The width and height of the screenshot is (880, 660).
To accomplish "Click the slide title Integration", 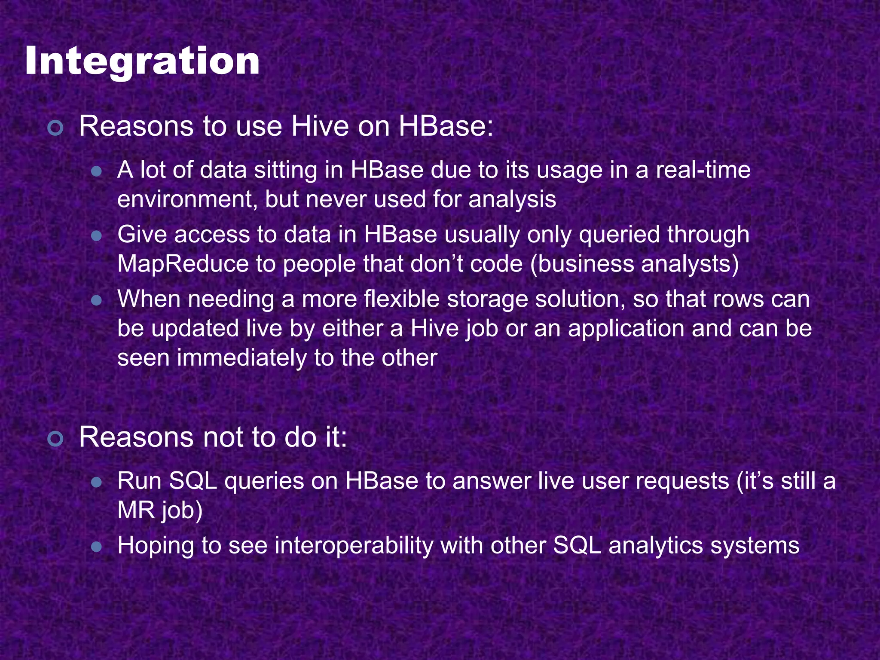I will tap(142, 61).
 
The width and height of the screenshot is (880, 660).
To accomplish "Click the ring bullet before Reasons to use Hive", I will tap(56, 128).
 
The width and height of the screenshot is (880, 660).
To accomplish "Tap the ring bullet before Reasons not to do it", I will tap(56, 439).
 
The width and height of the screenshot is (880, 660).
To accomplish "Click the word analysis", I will tap(512, 200).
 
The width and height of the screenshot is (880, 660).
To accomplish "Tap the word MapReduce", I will tap(183, 264).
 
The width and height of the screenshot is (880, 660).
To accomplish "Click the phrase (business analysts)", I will tap(635, 264).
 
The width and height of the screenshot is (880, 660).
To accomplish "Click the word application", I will tap(626, 329).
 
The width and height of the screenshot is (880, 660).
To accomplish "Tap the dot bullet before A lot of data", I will tap(97, 172).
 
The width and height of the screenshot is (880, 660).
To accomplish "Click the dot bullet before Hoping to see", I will tap(97, 547).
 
